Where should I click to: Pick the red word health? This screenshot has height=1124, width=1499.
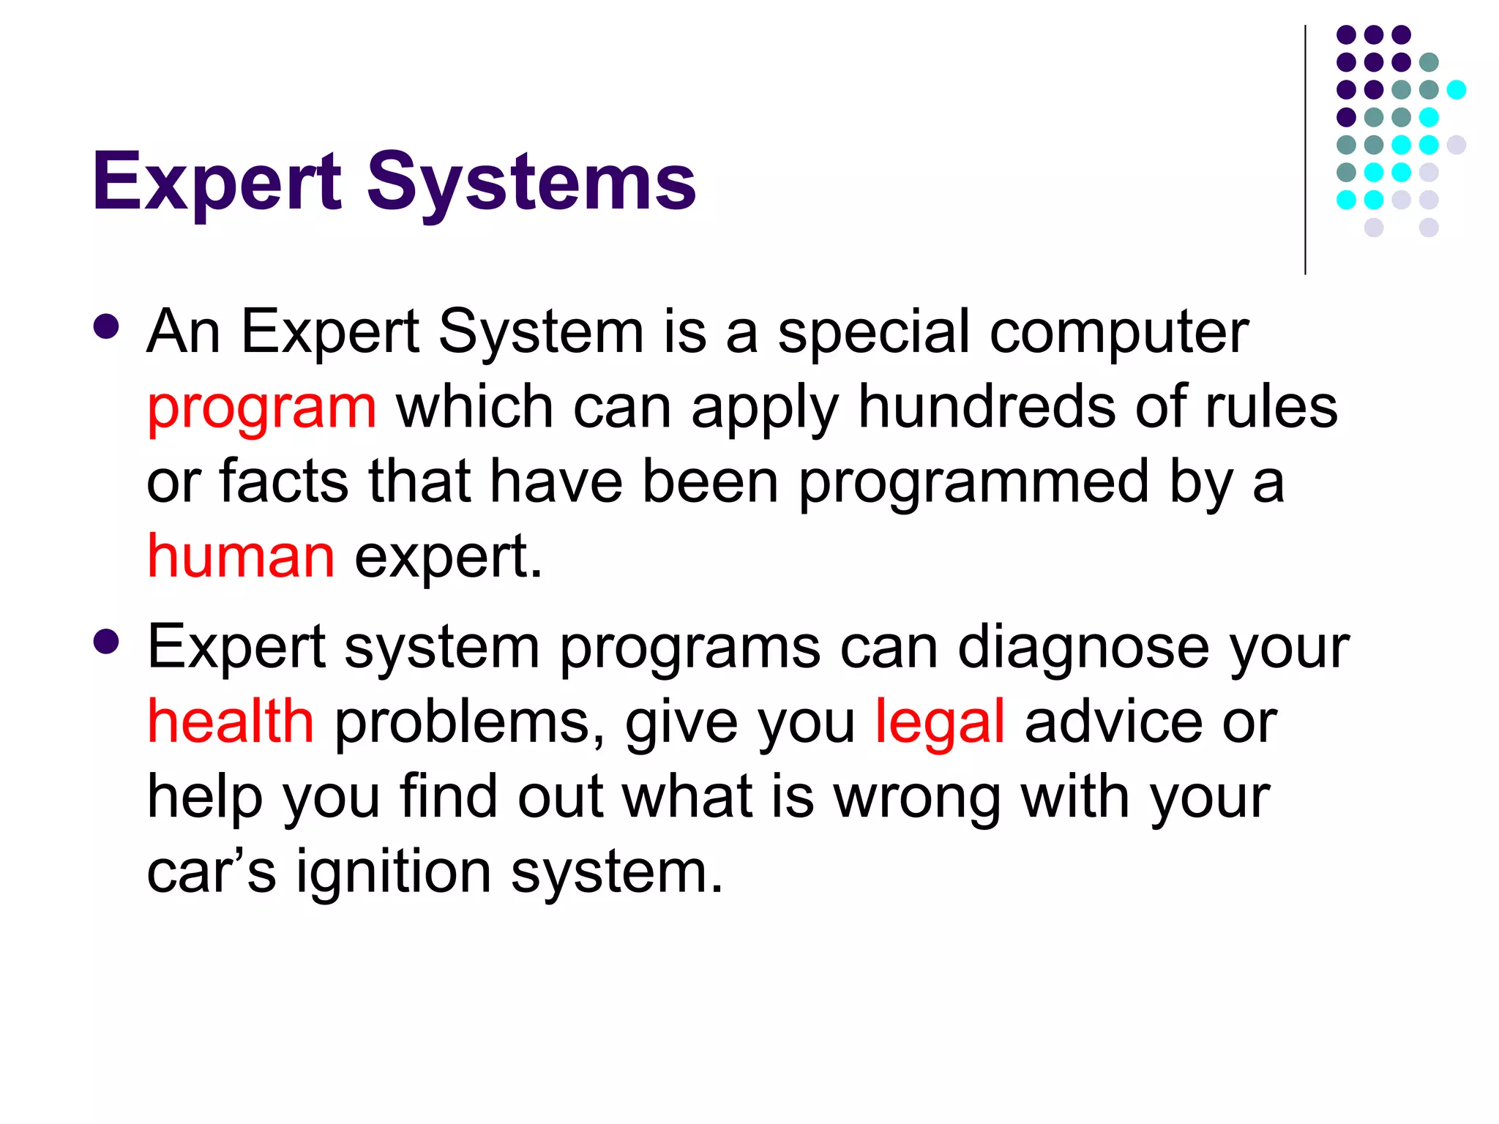pyautogui.click(x=231, y=722)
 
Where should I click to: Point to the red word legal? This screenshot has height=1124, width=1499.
pyautogui.click(x=940, y=723)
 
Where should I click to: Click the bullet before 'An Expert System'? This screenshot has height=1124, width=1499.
pyautogui.click(x=107, y=327)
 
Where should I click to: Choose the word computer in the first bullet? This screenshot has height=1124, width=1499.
pyautogui.click(x=1119, y=333)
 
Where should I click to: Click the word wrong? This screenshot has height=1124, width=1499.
pyautogui.click(x=917, y=798)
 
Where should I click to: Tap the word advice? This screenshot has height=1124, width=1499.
pyautogui.click(x=1113, y=722)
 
